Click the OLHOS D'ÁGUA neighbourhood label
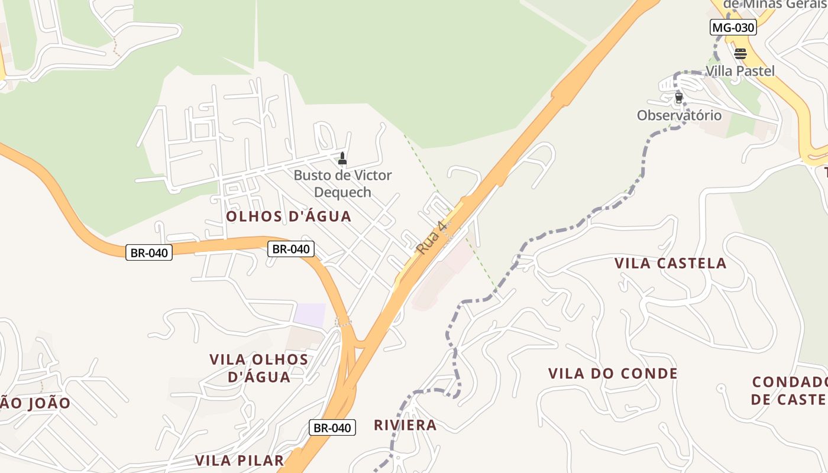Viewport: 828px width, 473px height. (x=289, y=216)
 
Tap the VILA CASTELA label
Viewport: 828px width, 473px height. (x=670, y=263)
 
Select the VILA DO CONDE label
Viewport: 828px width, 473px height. (x=613, y=374)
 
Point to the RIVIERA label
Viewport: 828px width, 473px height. (x=405, y=425)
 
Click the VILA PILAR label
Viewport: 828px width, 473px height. (x=240, y=461)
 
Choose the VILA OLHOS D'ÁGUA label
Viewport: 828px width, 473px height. (x=259, y=368)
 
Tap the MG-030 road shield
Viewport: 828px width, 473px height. (x=733, y=27)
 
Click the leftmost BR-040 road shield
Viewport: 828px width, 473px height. (x=149, y=253)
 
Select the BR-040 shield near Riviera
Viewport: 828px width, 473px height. (x=332, y=428)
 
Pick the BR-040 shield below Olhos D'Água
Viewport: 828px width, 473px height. (x=290, y=249)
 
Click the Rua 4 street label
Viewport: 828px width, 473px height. (x=430, y=238)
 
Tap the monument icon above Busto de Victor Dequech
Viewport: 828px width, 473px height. (x=342, y=158)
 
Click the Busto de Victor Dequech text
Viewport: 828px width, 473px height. (x=342, y=183)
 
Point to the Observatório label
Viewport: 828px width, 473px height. (x=679, y=115)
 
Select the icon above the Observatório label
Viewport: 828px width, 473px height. (x=678, y=98)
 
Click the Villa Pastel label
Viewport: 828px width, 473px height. (x=740, y=71)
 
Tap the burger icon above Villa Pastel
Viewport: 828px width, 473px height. (x=740, y=54)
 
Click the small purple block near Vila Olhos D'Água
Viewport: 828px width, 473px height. (x=310, y=315)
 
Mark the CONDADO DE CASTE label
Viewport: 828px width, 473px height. (x=790, y=390)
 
